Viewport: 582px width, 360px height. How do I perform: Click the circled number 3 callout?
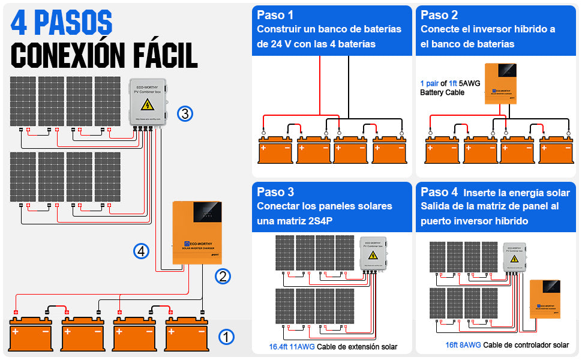point(185,113)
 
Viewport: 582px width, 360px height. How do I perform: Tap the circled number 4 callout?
point(141,251)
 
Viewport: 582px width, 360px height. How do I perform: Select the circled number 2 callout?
point(223,277)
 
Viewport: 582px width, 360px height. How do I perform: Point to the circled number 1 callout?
point(226,337)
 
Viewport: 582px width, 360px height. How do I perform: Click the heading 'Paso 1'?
point(275,15)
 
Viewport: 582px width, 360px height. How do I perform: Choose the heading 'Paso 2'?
point(439,15)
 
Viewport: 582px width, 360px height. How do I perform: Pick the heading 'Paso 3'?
point(275,192)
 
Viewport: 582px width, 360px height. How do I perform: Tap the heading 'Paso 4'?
point(439,192)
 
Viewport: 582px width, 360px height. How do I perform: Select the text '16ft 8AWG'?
point(463,345)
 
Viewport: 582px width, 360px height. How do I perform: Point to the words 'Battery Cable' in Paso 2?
point(442,93)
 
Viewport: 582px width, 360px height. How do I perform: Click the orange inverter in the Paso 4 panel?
point(545,299)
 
